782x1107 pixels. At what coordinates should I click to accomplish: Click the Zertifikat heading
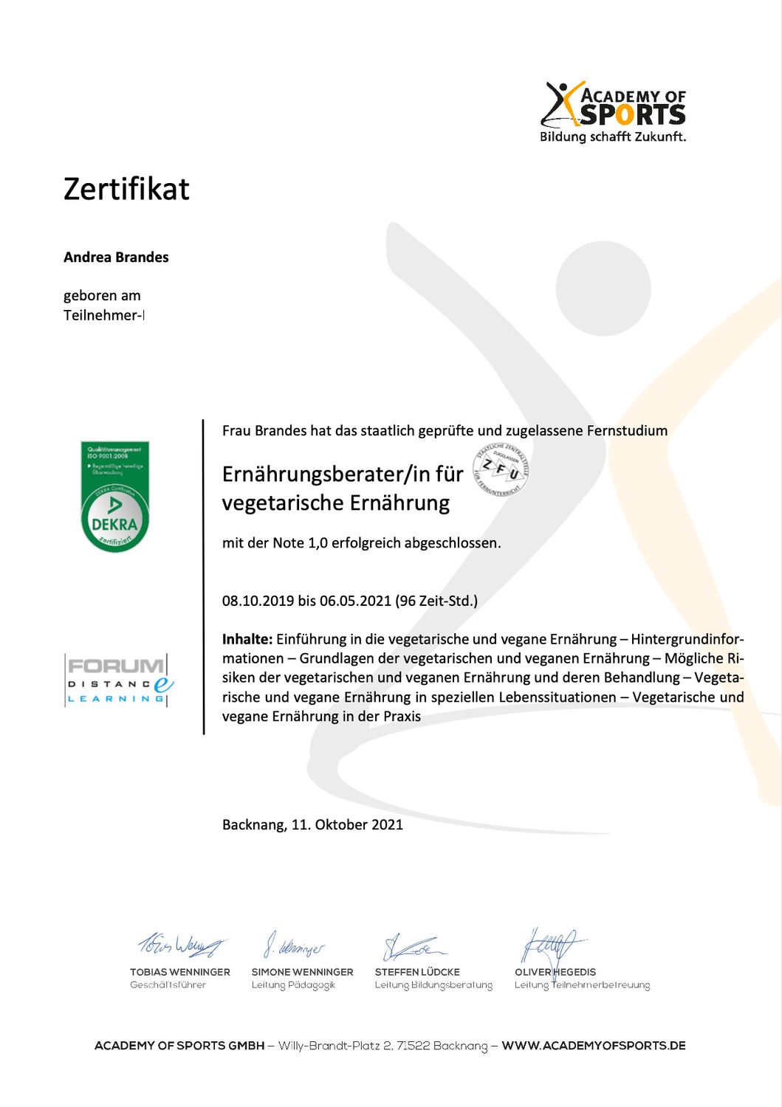tap(126, 189)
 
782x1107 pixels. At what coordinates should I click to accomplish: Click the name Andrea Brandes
tap(116, 258)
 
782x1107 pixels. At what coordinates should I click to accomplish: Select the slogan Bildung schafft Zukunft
tap(613, 137)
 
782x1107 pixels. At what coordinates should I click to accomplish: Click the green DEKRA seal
tap(114, 497)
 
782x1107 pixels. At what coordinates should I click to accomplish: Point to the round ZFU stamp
tap(501, 469)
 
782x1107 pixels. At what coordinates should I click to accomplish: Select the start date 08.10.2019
tap(258, 601)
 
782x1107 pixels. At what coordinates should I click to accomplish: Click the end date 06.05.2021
tap(355, 601)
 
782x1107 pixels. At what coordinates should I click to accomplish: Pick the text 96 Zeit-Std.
tap(436, 601)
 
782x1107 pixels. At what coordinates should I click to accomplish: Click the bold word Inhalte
tap(247, 639)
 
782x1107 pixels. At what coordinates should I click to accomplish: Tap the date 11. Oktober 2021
tap(347, 824)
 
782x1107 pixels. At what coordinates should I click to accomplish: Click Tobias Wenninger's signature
tap(181, 944)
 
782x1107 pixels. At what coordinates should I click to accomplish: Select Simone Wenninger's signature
tap(294, 945)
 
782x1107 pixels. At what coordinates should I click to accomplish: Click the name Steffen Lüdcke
tap(417, 972)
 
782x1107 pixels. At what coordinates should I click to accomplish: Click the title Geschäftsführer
tap(168, 985)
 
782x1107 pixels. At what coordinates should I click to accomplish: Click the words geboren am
tap(102, 296)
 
